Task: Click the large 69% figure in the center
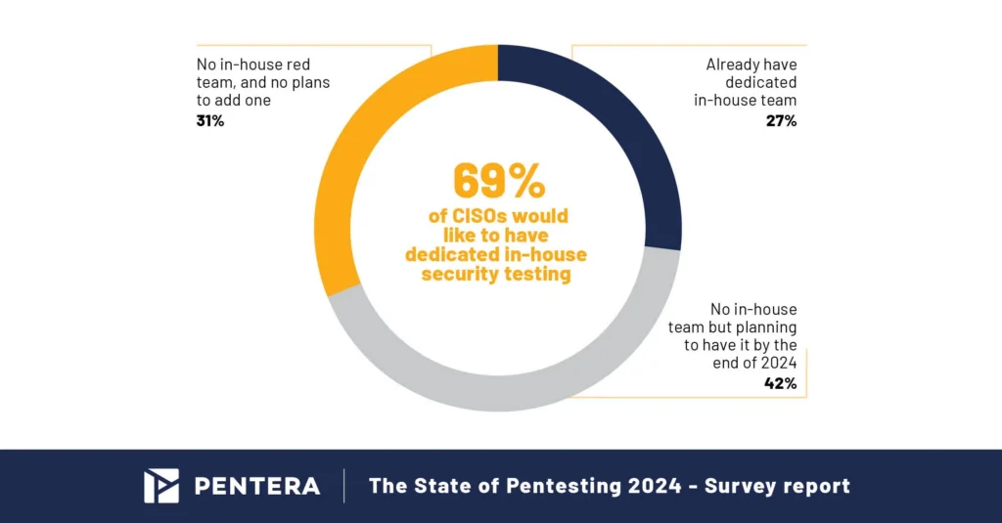[x=498, y=181]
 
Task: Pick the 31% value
[x=211, y=121]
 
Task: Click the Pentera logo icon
[x=161, y=486]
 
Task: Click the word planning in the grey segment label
[x=761, y=327]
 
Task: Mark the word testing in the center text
[x=536, y=274]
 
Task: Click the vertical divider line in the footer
[x=343, y=486]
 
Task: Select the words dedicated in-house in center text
[x=496, y=254]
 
